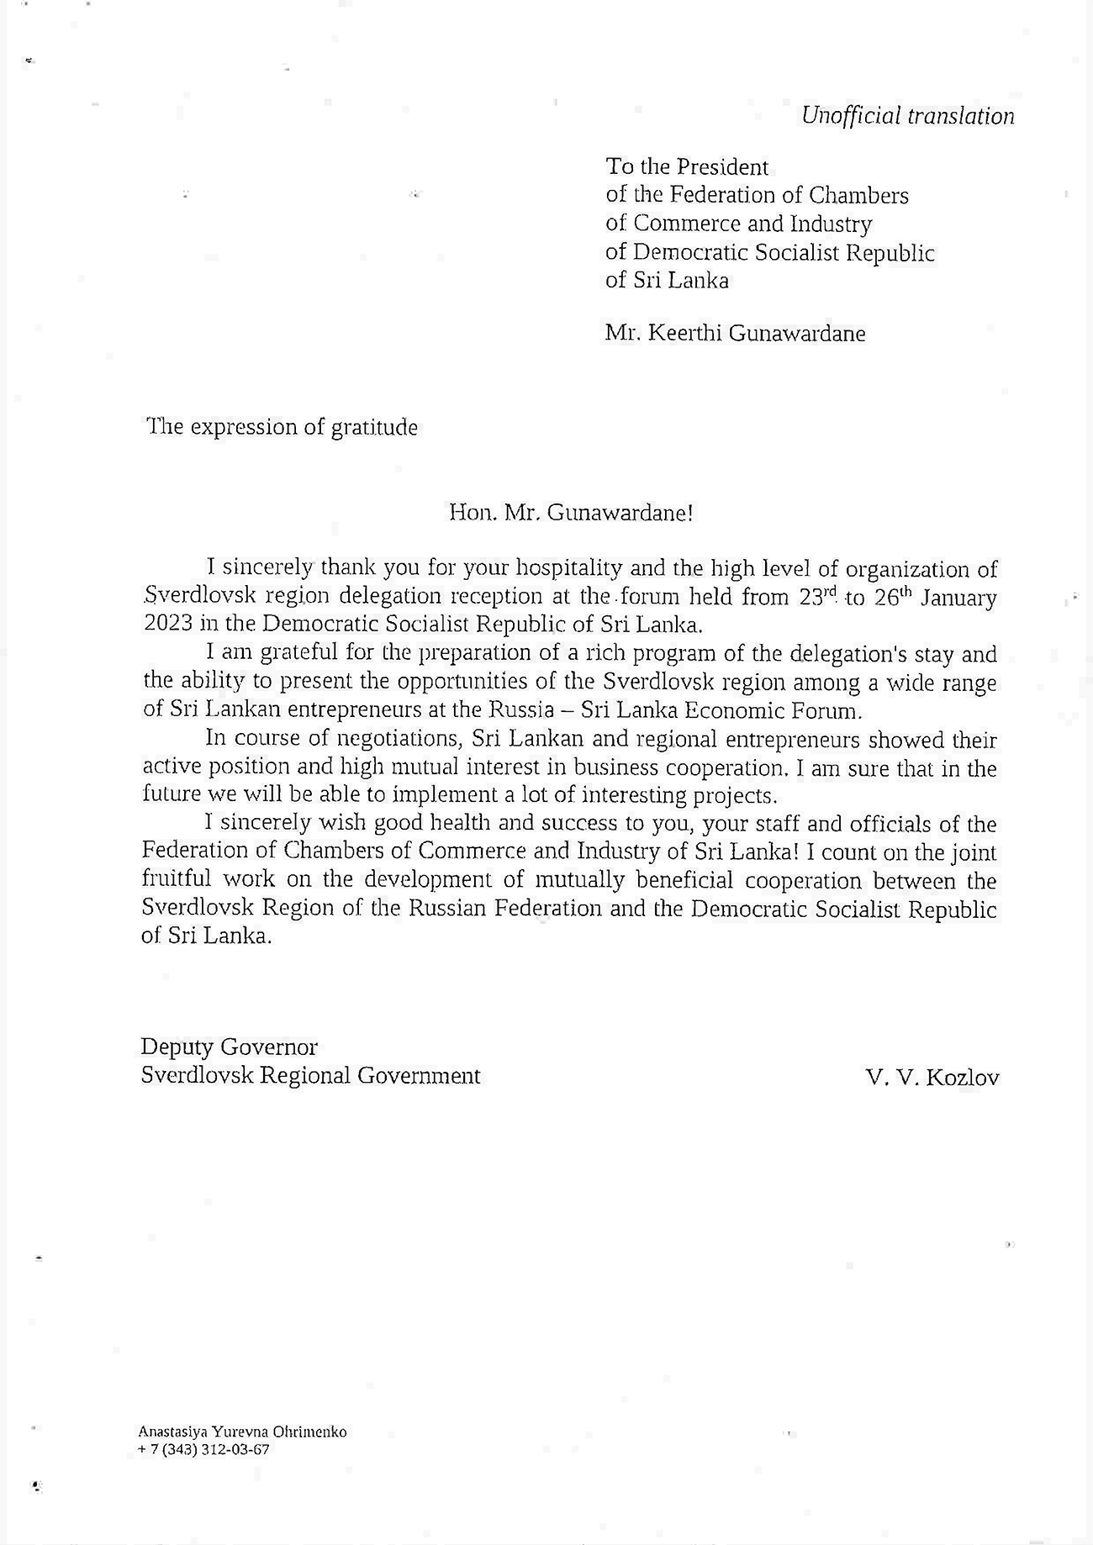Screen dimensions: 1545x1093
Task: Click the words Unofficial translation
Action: (907, 116)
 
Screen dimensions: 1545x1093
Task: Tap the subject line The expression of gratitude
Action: (282, 427)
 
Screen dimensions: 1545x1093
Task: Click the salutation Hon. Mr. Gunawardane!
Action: (571, 512)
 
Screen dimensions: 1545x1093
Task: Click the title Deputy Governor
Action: (230, 1047)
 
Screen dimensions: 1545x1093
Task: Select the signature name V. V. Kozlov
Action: (932, 1078)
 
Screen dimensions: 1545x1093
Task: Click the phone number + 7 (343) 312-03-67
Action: (204, 1450)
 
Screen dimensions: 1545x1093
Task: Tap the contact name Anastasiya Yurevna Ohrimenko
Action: (242, 1432)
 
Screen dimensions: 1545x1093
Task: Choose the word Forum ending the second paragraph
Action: (828, 710)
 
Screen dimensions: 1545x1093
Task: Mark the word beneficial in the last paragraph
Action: (689, 880)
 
